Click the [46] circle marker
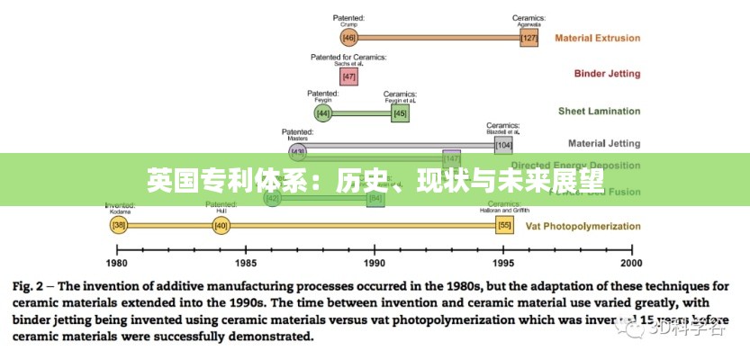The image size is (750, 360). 349,38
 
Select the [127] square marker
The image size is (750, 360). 529,38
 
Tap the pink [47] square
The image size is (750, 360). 349,76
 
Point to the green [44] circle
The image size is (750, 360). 323,113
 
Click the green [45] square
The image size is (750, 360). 400,113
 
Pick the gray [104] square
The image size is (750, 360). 503,144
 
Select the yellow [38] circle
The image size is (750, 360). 118,226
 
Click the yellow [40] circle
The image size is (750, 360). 221,226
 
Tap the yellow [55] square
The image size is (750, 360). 504,226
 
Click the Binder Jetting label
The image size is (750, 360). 608,74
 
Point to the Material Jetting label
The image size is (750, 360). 604,143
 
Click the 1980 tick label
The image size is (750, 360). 117,263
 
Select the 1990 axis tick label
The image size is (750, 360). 374,263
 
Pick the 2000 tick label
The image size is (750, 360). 631,263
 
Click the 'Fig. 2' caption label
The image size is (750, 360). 30,287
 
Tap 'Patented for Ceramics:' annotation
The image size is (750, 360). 348,58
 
